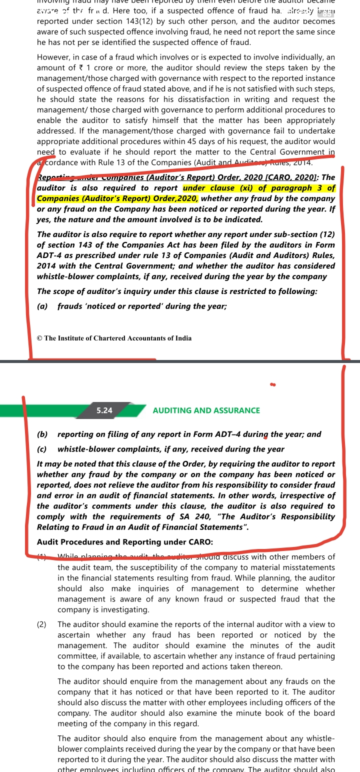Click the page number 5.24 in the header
point(104,410)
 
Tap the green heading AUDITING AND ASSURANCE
point(206,410)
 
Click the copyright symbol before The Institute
point(39,338)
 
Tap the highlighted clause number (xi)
point(243,188)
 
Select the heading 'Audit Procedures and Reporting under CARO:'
point(125,542)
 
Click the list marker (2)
point(42,624)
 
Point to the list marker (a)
point(42,306)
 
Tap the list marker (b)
point(42,434)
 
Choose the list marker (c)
point(42,449)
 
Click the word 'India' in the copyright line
point(182,338)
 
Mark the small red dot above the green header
point(272,385)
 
